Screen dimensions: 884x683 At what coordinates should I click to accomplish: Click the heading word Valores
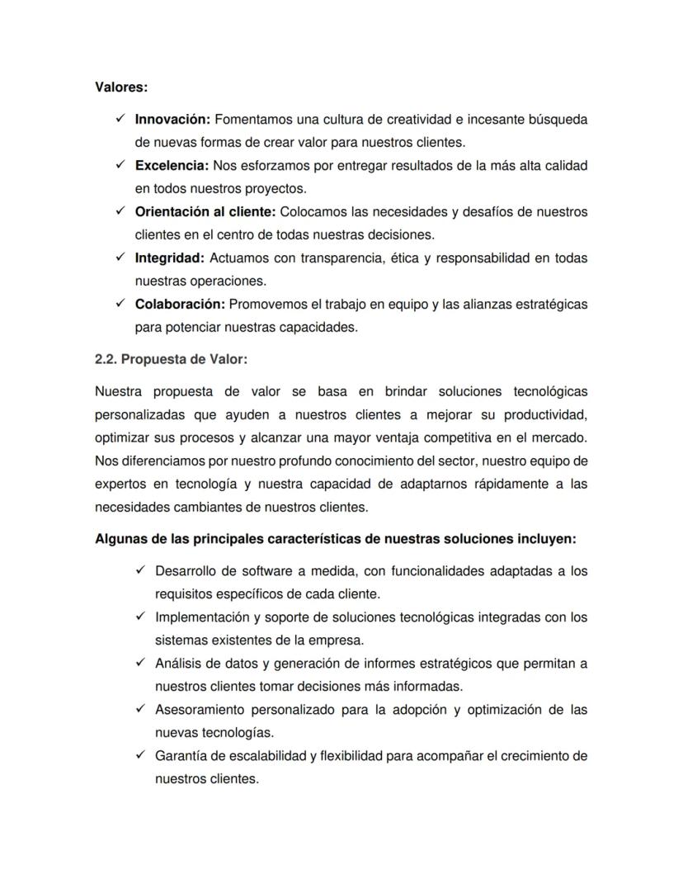tap(120, 86)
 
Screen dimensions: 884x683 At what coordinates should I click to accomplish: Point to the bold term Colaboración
tap(180, 305)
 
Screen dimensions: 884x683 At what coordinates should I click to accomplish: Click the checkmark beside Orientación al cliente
tap(120, 212)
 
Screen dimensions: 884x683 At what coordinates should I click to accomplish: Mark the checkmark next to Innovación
tap(120, 120)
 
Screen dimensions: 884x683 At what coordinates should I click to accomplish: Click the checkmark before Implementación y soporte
tap(140, 617)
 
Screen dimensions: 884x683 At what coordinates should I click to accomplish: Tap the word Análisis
tap(178, 664)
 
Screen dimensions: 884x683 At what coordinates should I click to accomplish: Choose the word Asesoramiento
tap(203, 710)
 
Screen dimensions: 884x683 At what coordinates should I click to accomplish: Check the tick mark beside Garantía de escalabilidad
tap(140, 756)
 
